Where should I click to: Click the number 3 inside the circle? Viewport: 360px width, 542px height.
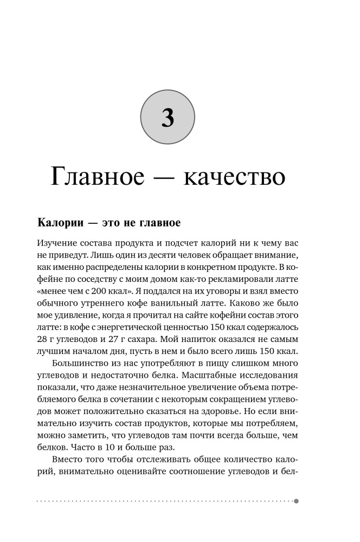tap(168, 117)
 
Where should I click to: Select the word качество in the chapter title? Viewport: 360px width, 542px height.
tap(234, 177)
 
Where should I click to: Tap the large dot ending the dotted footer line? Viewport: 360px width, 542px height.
tap(296, 501)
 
